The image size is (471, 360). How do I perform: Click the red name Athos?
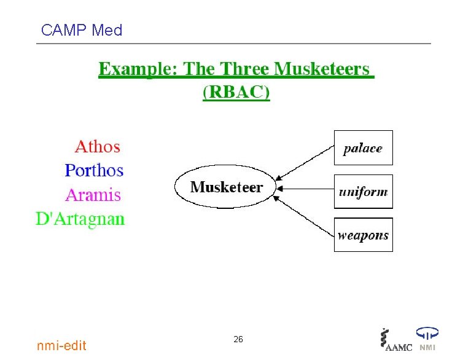click(x=97, y=147)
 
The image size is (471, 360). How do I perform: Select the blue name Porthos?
click(x=94, y=170)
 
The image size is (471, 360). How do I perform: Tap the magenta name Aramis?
click(x=93, y=195)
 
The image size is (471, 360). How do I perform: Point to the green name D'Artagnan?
click(x=80, y=219)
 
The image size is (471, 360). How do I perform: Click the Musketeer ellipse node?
click(x=226, y=187)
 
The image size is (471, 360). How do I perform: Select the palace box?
click(x=363, y=148)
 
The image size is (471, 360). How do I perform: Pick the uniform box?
click(x=363, y=192)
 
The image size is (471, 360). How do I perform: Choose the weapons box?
click(x=363, y=235)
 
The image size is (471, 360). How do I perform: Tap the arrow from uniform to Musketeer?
click(x=305, y=189)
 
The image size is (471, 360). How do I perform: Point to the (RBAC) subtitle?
click(x=236, y=92)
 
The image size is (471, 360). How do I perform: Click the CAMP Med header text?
click(x=81, y=29)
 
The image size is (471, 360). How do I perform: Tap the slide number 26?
click(x=238, y=339)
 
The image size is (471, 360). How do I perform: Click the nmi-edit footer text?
click(x=62, y=345)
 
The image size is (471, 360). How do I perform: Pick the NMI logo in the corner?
click(x=427, y=339)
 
